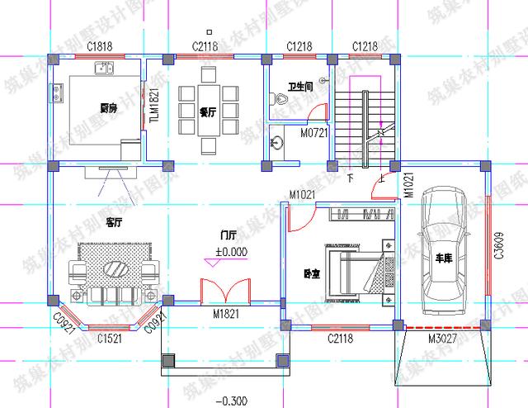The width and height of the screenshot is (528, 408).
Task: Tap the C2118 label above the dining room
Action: (205, 46)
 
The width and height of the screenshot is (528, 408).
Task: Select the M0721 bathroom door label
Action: (313, 132)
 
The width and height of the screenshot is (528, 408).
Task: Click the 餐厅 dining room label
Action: (207, 112)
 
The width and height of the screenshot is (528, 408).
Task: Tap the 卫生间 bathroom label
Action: (299, 87)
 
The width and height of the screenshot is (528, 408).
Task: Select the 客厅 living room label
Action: (114, 223)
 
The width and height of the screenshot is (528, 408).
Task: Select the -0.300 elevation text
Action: (230, 401)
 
